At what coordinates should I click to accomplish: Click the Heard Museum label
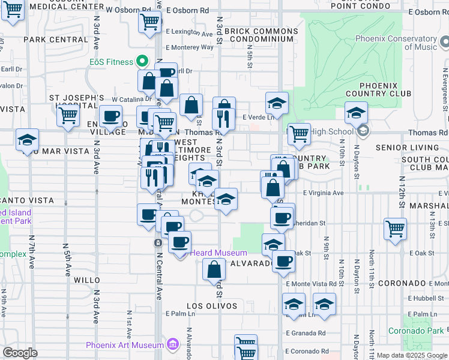(218, 253)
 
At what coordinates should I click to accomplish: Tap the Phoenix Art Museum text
(125, 345)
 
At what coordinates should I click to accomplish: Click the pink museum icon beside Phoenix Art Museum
(173, 344)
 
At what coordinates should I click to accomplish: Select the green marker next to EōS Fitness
(142, 61)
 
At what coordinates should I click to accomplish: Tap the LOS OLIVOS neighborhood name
(212, 306)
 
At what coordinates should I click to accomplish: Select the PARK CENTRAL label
(56, 40)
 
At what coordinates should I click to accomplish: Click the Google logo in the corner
(20, 352)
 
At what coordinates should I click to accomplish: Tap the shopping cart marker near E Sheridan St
(395, 229)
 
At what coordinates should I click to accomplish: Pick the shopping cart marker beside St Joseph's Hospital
(68, 114)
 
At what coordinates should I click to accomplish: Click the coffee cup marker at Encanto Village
(110, 116)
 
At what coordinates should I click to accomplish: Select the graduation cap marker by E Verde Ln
(277, 103)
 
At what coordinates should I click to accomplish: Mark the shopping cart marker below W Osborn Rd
(149, 23)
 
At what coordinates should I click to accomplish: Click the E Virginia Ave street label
(323, 193)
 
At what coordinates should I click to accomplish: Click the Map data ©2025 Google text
(411, 355)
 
